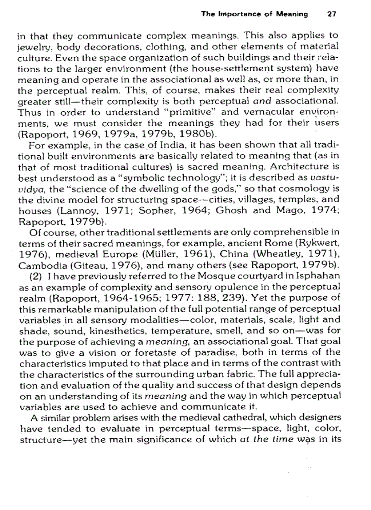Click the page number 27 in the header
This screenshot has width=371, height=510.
331,14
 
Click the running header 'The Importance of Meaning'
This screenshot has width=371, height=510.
254,14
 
